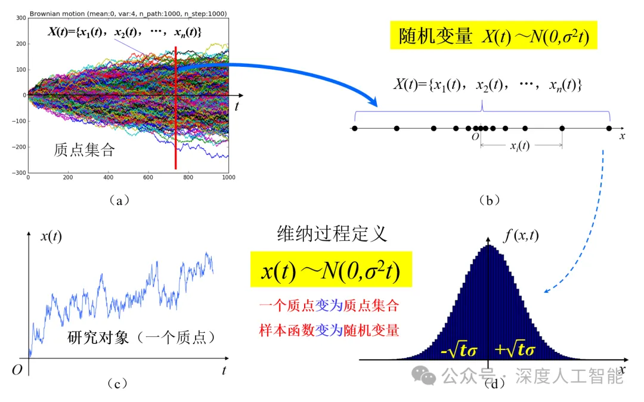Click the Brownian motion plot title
[x=128, y=14]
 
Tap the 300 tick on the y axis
[x=20, y=18]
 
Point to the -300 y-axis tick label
[x=18, y=173]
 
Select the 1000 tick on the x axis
[x=228, y=178]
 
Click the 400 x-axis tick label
[x=108, y=178]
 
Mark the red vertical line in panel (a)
[x=176, y=107]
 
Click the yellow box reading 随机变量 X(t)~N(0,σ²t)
[x=494, y=37]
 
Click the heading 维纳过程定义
[x=332, y=233]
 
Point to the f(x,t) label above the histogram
[x=521, y=236]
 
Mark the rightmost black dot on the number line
[x=609, y=128]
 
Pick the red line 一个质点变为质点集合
[x=329, y=306]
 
